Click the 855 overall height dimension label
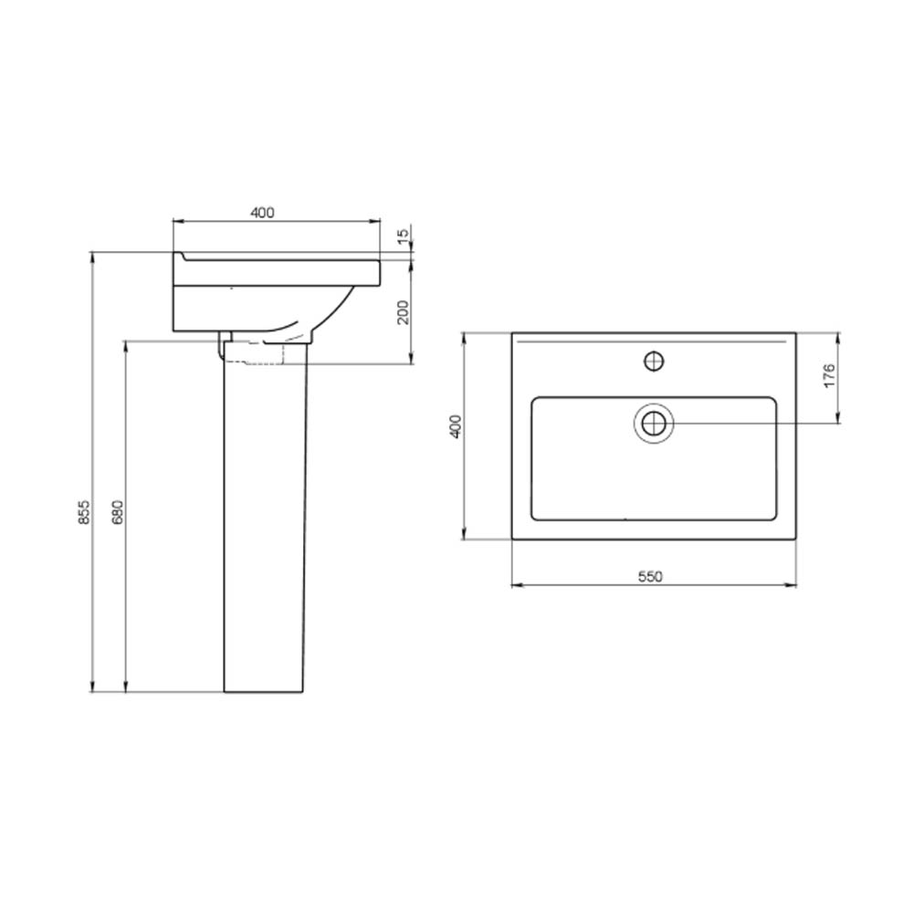tap(85, 511)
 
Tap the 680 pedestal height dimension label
tap(118, 511)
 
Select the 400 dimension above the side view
tap(263, 213)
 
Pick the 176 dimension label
tap(830, 375)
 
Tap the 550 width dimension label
tap(650, 576)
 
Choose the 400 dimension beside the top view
tap(456, 426)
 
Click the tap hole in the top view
tap(655, 361)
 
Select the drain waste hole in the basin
tap(654, 422)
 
